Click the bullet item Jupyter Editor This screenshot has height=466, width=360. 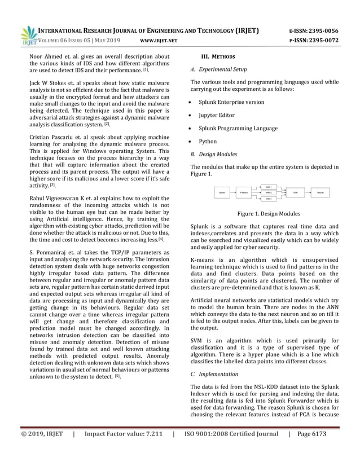click(218, 115)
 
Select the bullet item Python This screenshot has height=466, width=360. click(208, 141)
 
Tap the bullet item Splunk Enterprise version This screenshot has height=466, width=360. click(231, 102)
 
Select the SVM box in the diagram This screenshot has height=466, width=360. click(295, 193)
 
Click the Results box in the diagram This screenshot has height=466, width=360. click(321, 193)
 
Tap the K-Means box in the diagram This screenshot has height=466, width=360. click(244, 193)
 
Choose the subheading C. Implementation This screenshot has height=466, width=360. click(214, 374)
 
